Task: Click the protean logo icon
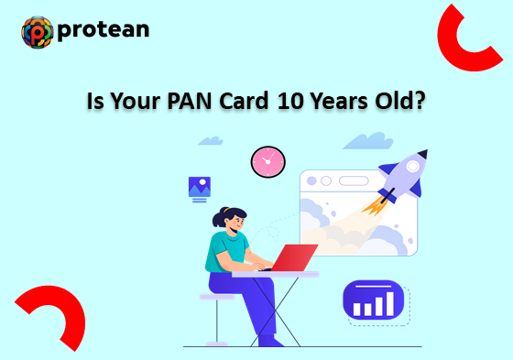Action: [38, 32]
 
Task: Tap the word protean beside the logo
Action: [103, 31]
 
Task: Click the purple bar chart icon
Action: [373, 300]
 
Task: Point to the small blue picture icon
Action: [199, 187]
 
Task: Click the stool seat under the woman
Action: [218, 297]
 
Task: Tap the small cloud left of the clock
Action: [211, 141]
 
